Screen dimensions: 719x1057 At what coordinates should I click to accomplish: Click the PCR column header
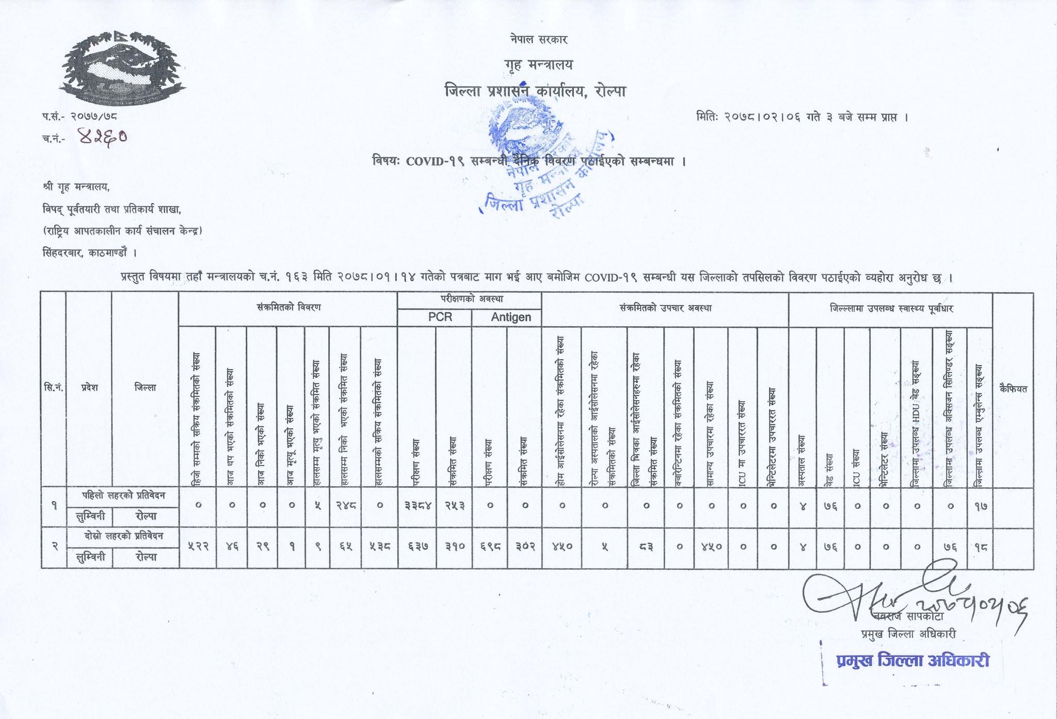click(440, 317)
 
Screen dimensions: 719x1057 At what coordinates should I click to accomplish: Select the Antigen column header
click(510, 317)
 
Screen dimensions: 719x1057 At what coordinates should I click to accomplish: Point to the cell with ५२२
click(198, 547)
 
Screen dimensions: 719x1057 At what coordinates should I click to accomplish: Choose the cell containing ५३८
click(379, 547)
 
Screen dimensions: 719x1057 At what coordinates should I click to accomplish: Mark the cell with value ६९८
click(490, 547)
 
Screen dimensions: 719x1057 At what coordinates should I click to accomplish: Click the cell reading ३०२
click(525, 547)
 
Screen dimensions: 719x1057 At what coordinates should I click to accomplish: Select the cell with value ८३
click(645, 547)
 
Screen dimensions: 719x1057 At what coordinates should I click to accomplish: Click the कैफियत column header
click(1013, 388)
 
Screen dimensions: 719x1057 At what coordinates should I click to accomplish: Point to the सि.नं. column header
click(53, 388)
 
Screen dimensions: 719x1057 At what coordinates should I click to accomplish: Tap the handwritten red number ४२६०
click(102, 137)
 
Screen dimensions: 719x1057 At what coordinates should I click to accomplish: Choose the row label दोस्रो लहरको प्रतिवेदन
click(123, 536)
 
